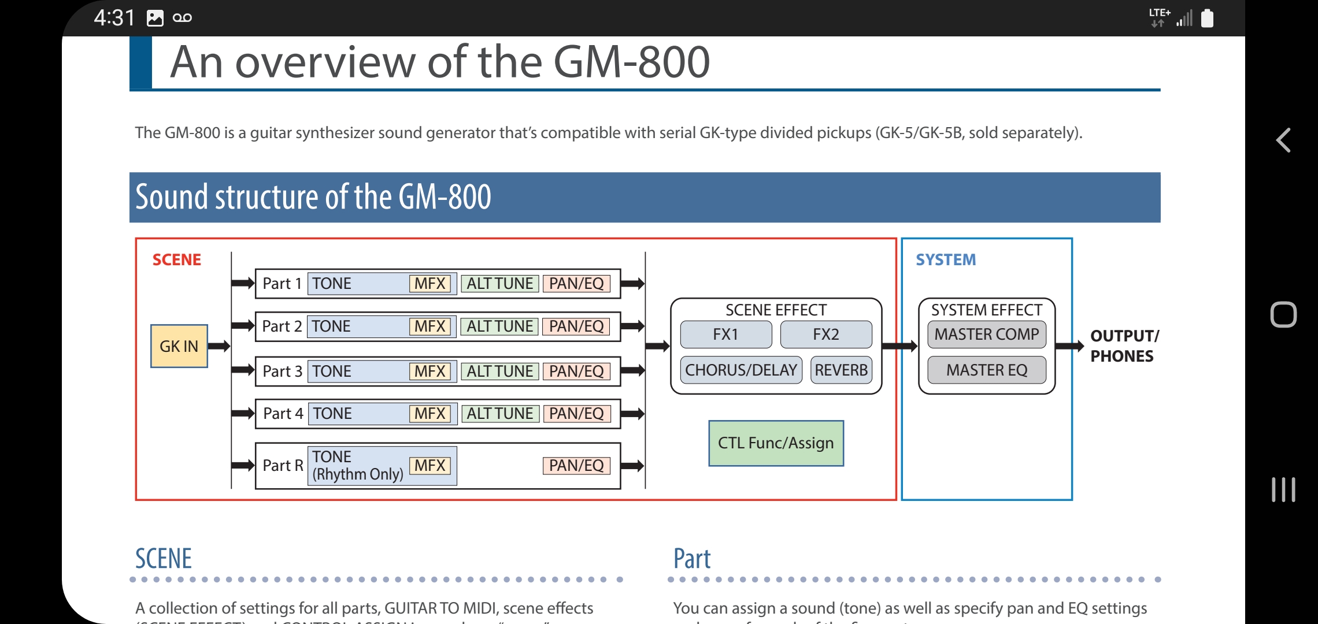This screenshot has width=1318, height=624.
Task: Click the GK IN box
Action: click(x=179, y=346)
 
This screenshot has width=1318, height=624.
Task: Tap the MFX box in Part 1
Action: click(x=430, y=284)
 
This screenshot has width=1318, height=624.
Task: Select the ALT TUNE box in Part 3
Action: click(x=499, y=371)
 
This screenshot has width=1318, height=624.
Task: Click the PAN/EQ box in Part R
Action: click(x=576, y=466)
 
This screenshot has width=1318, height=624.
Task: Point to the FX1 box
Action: click(x=725, y=335)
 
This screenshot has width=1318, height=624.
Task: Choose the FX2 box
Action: click(x=825, y=335)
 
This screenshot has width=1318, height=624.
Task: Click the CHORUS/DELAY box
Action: click(x=741, y=370)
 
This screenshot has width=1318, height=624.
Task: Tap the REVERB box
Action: click(x=841, y=370)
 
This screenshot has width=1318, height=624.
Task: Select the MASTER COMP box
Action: click(x=986, y=335)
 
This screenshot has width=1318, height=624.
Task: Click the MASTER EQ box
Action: click(x=986, y=370)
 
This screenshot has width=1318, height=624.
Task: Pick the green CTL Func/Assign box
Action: click(x=776, y=443)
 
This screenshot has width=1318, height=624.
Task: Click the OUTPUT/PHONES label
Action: click(x=1123, y=346)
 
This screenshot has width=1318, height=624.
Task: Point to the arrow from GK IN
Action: click(x=219, y=346)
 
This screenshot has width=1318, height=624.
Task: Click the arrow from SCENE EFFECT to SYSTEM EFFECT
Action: click(x=899, y=346)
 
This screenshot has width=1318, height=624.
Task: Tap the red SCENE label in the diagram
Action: click(x=176, y=260)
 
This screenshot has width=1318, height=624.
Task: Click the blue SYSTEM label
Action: click(x=946, y=260)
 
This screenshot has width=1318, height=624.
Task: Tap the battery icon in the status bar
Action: click(x=1207, y=18)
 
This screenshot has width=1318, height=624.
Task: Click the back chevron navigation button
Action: click(x=1283, y=140)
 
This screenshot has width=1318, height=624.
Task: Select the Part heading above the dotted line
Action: click(x=691, y=559)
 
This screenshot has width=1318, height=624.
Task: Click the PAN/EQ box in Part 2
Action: click(x=576, y=326)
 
